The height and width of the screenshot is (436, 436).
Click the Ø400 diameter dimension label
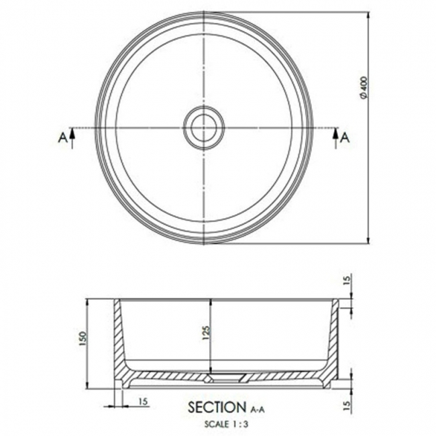pos(363,87)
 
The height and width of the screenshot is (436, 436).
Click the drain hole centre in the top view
pos(203,127)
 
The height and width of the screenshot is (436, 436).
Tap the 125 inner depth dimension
pos(206,333)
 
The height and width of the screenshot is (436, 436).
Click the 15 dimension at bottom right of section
pos(346,406)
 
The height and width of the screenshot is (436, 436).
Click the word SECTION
pos(217,406)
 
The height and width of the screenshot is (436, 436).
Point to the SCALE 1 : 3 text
pos(225,423)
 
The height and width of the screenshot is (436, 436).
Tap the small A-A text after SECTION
pos(258,408)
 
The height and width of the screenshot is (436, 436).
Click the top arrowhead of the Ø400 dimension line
pos(370,15)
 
